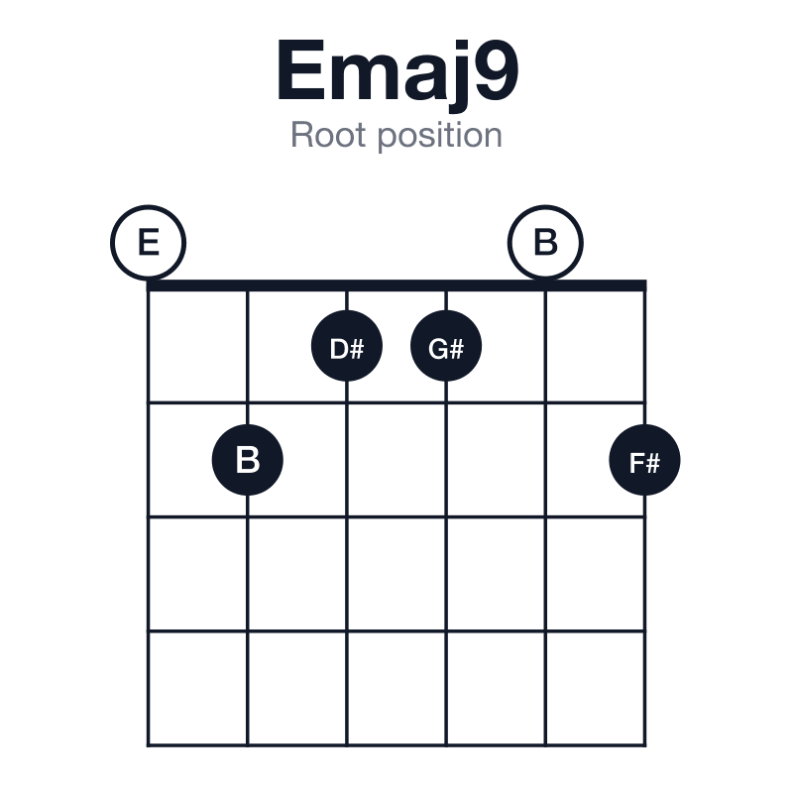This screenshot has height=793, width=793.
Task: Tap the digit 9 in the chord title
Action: tap(498, 69)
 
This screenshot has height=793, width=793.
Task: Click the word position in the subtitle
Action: tap(440, 137)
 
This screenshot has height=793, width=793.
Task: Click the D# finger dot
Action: tap(347, 346)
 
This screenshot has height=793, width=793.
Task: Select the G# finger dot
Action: tap(446, 346)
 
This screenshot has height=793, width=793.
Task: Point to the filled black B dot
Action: tap(247, 460)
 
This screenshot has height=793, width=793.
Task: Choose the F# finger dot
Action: tap(645, 460)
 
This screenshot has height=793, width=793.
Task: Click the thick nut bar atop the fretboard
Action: tap(396, 285)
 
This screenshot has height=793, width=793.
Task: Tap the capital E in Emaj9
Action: tap(301, 69)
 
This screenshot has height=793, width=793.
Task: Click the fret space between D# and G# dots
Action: tap(396, 347)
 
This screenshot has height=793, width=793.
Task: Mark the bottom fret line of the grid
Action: tap(396, 744)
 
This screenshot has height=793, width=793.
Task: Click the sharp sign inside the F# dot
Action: tap(653, 463)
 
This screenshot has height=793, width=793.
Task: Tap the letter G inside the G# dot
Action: tap(438, 349)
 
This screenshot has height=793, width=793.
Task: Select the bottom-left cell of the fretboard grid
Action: tap(197, 688)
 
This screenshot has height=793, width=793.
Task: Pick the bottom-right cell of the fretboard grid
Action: tap(596, 688)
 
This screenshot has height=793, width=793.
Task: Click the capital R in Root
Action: tap(302, 135)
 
